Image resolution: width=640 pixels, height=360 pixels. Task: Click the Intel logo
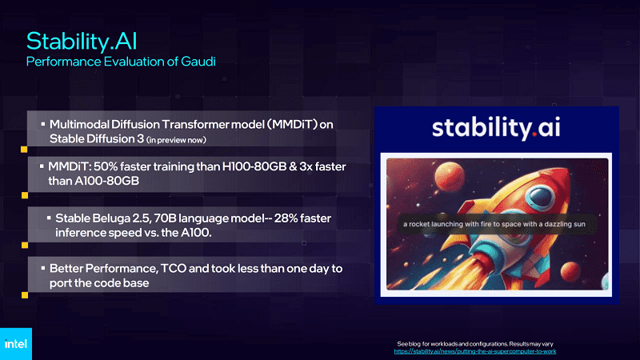[x=15, y=344]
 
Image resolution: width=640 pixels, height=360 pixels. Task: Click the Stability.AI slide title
[x=82, y=42]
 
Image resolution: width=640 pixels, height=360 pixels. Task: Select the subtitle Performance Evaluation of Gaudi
[x=121, y=62]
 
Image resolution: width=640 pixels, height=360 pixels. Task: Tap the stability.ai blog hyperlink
[x=474, y=351]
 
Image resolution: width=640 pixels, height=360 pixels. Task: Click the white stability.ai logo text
[x=496, y=128]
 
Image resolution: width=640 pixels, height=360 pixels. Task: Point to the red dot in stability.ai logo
[x=534, y=134]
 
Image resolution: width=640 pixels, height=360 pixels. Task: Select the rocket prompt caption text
[x=494, y=224]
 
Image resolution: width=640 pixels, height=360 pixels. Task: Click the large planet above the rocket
[x=449, y=175]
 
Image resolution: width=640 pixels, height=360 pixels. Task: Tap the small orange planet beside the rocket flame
[x=570, y=271]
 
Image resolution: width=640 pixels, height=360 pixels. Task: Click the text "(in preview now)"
[x=176, y=140]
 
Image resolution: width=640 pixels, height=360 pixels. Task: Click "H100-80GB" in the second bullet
[x=254, y=166]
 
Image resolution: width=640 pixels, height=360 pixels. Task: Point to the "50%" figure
[x=106, y=166]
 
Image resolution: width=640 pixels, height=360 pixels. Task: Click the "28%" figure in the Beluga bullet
[x=286, y=218]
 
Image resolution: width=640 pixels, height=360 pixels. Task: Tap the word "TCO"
[x=174, y=269]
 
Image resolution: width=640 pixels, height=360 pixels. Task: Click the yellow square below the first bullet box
[x=24, y=150]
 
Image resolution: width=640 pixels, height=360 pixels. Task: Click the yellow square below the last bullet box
[x=25, y=295]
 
